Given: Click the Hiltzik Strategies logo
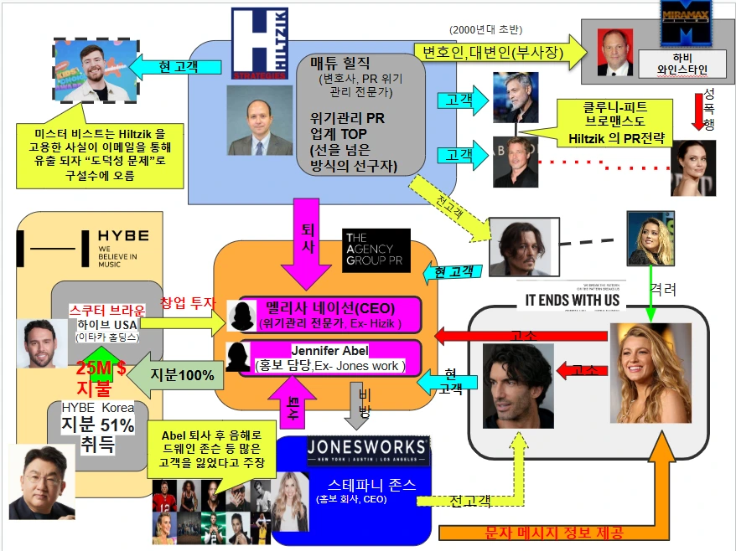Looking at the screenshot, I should [x=259, y=43].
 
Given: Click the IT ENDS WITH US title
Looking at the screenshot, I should [x=572, y=300].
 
